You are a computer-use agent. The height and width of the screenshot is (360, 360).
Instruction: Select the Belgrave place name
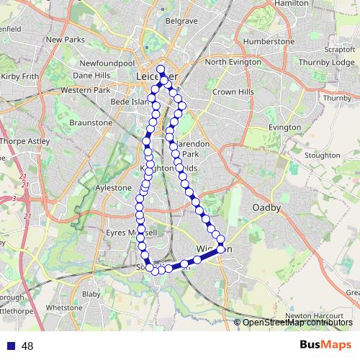pos(181,22)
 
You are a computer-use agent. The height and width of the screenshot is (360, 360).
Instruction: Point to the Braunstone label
pos(91,123)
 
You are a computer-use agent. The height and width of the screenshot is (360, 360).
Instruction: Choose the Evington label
pos(284,127)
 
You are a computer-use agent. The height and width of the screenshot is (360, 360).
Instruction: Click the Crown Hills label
pos(233,93)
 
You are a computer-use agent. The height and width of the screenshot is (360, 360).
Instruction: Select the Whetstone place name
pos(64,307)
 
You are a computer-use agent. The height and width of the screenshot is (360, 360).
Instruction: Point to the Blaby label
pos(91,294)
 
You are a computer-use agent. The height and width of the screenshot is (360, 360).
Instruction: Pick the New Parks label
pos(66,40)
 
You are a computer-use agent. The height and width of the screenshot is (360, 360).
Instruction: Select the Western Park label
pos(85,90)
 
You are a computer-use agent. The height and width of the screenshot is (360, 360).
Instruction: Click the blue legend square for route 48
pos(9,346)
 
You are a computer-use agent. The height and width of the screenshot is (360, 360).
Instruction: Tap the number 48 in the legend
pos(27,346)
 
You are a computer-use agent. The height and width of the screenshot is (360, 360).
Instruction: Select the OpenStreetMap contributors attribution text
pos(297,323)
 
